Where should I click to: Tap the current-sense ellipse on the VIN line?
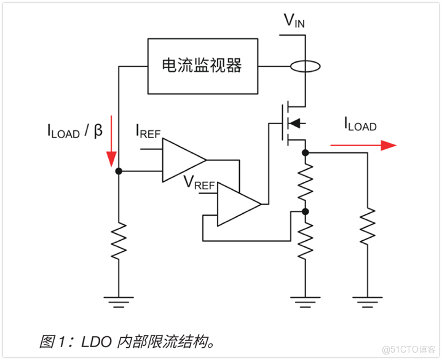pos(305,66)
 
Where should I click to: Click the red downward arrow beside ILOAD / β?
pos(111,141)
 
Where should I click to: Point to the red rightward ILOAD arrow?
pos(363,145)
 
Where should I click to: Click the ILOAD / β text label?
pos(74,131)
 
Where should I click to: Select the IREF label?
pos(148,132)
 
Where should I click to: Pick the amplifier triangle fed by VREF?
pos(237,204)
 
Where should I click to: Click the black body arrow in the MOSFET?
pos(296,123)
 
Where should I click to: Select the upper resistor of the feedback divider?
pos(306,181)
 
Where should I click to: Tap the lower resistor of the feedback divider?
pos(306,240)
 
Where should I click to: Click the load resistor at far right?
pos(367,226)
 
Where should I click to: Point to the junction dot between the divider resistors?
pos(306,211)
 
